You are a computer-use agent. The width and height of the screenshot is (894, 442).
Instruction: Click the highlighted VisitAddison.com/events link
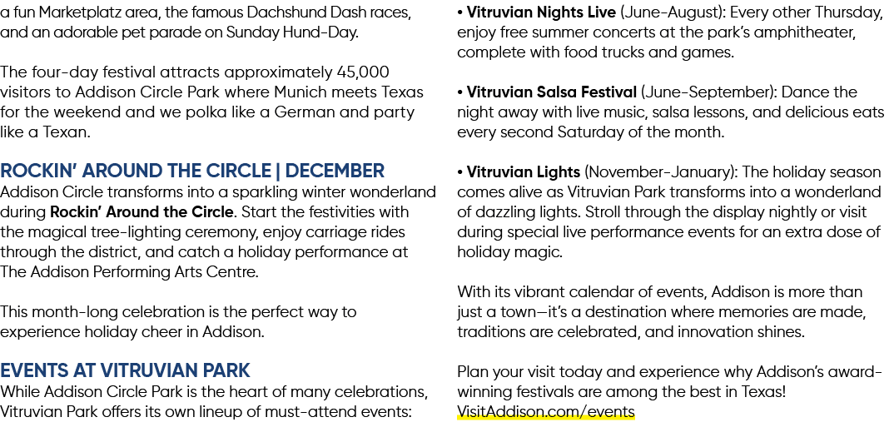pos(545,412)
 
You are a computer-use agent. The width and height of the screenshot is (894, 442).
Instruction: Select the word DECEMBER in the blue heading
pos(335,171)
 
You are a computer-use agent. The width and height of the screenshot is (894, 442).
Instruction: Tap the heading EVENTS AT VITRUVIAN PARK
pos(125,370)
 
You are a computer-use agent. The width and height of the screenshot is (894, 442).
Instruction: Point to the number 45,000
pos(363,72)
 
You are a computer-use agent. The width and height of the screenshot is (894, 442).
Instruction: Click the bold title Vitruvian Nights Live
pos(541,12)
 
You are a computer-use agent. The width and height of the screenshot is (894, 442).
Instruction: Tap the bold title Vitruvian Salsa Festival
pos(551,92)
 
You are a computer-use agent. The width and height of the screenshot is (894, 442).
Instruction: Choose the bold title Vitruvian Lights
pos(524,172)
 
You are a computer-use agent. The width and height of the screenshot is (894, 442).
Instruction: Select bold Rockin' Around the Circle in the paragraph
pos(142,212)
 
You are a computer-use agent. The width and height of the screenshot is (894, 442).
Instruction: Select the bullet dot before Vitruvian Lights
pos(460,173)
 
